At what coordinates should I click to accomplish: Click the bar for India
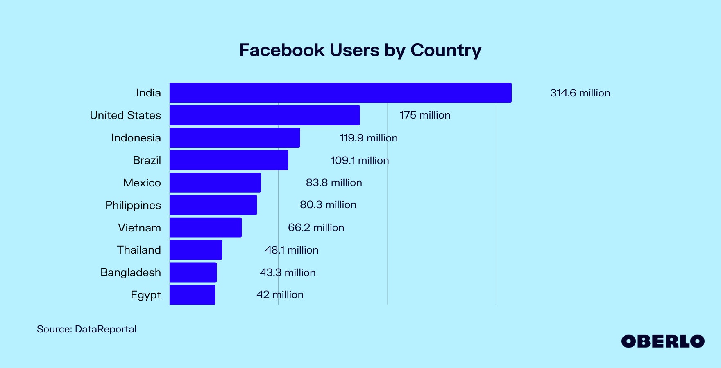(340, 93)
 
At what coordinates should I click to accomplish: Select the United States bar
(265, 115)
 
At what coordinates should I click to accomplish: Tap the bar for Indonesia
(235, 138)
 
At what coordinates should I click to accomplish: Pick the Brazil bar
(229, 160)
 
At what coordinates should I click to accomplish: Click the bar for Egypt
(192, 295)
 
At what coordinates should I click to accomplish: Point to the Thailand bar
(195, 250)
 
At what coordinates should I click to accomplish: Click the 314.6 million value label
(580, 93)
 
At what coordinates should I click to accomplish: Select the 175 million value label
(425, 115)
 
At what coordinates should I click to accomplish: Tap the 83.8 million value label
(334, 183)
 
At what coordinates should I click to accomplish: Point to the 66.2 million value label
(316, 228)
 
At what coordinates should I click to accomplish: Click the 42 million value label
(280, 295)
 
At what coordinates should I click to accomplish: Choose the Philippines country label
(133, 205)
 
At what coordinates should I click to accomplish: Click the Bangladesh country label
(130, 272)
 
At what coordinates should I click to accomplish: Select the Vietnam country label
(139, 228)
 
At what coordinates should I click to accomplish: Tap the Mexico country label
(142, 183)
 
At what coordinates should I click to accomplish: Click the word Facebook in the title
(282, 50)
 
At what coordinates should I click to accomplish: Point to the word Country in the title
(446, 50)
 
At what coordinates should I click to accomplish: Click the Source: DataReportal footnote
(86, 329)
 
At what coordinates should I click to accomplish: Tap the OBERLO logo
(662, 341)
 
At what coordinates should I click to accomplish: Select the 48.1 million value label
(291, 250)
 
